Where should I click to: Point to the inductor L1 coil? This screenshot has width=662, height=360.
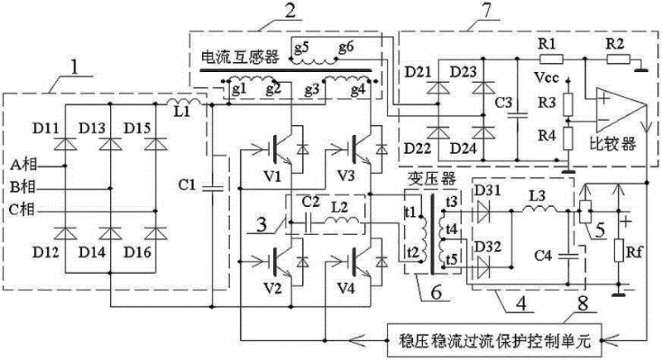click(184, 106)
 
